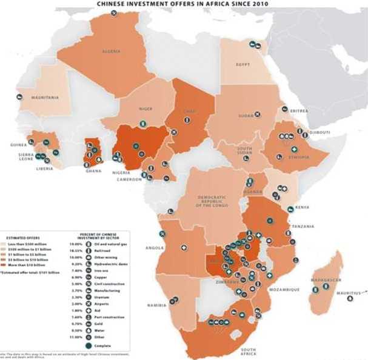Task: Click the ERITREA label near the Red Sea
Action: point(299,111)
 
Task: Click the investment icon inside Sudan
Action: point(257,113)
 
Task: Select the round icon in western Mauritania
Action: point(19,96)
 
